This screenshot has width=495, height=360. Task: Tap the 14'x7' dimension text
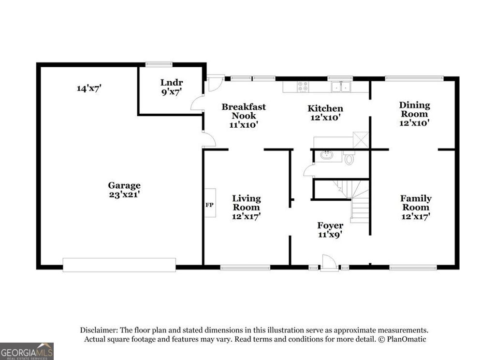(89, 88)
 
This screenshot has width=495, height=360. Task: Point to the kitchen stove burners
(303, 87)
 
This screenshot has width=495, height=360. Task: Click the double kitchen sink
(341, 87)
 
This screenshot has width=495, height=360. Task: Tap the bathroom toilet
(349, 159)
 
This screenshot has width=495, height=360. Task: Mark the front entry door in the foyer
(329, 262)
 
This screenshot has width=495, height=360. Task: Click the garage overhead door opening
(119, 265)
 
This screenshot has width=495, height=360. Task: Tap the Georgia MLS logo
(27, 351)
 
